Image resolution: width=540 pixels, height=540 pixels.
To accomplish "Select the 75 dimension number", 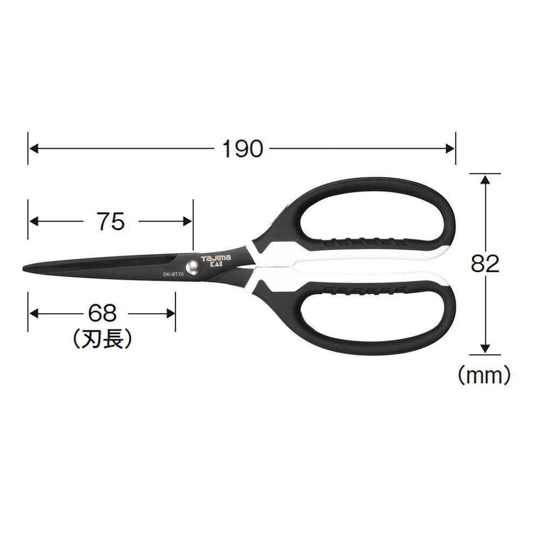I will (111, 221).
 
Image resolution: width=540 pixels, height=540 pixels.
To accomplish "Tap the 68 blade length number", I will (102, 313).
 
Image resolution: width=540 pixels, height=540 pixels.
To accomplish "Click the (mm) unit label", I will (484, 374).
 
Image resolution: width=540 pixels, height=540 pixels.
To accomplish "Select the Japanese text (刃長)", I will (102, 339).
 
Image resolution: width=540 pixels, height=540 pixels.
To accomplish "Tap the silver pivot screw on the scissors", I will (193, 267).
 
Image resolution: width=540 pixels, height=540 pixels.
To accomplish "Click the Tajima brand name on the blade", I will (216, 259).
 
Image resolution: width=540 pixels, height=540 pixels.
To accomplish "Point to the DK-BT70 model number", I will (174, 274).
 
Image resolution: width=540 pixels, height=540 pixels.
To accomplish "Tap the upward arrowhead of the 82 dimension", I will (485, 179).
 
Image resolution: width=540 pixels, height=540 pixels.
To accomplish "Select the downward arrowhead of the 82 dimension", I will (485, 349).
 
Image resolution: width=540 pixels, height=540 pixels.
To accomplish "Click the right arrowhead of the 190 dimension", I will (451, 148).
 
